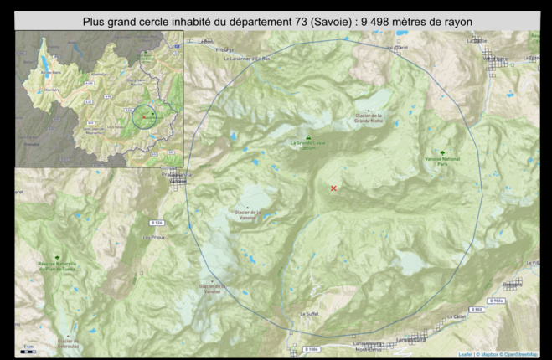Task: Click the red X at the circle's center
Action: [333, 188]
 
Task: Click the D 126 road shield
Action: [157, 222]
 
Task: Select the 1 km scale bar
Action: [28, 351]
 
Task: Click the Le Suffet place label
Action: [307, 313]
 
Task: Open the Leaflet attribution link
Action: [466, 355]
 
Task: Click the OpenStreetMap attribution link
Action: [519, 355]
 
